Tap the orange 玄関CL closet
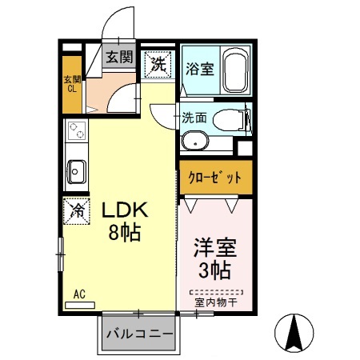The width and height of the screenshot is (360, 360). tap(73, 84)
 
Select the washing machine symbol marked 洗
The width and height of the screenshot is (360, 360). tap(157, 65)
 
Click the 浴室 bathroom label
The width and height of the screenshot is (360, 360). tap(198, 68)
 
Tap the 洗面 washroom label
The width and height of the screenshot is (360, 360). tap(194, 117)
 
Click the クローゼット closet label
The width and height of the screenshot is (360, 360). tap(214, 177)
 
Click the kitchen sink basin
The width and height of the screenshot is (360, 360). tap(78, 170)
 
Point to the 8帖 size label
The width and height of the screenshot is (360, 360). tap(125, 234)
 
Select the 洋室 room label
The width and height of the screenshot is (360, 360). tap(214, 246)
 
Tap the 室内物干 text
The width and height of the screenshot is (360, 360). tap(216, 302)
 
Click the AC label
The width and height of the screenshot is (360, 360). tap(79, 294)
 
